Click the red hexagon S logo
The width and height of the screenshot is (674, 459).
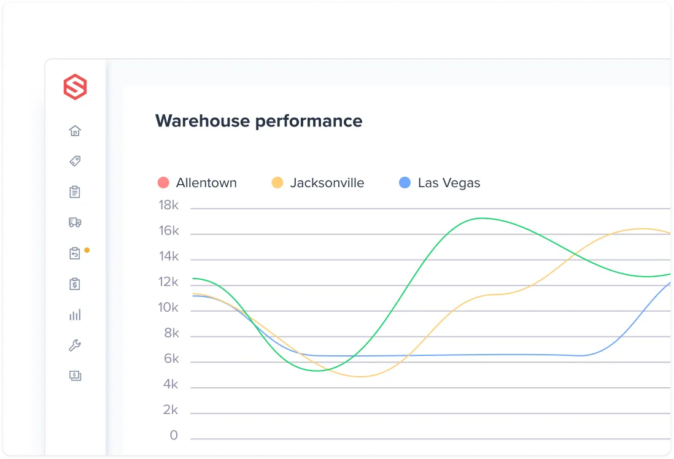(75, 87)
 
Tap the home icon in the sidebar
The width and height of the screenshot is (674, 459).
(75, 131)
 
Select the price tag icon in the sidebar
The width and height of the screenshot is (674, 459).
(75, 161)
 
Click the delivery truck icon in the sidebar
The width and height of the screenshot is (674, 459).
(75, 223)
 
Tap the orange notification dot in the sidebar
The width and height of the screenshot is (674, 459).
(87, 250)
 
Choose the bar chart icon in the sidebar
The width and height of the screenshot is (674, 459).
(75, 315)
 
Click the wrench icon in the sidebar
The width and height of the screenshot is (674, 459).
(75, 345)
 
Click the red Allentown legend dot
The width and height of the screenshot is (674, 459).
(163, 183)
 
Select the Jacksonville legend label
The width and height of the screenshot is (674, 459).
(327, 183)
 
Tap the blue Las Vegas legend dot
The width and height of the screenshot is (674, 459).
(405, 183)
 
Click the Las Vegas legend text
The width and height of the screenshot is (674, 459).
(449, 183)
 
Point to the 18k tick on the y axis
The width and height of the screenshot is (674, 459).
(168, 206)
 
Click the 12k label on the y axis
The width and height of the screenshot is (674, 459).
(168, 282)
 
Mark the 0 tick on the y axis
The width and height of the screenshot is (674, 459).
(174, 436)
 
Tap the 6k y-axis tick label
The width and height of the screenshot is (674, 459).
(171, 359)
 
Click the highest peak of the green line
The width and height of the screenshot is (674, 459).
(482, 218)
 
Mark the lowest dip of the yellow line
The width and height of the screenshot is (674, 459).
(360, 376)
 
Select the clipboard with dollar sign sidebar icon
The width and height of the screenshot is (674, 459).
(75, 284)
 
